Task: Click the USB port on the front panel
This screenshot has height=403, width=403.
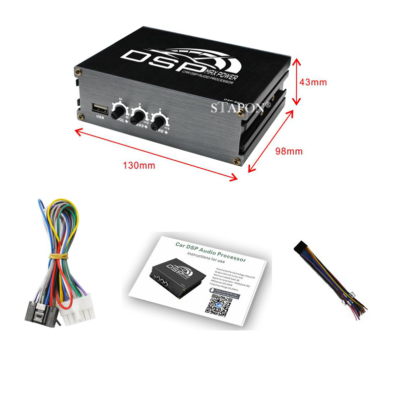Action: pos(99,107)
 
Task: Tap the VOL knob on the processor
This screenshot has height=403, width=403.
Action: pos(119,110)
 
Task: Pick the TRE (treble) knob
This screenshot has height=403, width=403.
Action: pos(160,121)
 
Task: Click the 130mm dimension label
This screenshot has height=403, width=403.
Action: pos(139,165)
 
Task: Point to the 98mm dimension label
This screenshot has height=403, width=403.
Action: pos(288,151)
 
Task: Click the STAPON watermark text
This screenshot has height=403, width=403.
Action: pos(241,107)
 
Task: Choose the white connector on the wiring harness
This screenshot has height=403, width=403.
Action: pos(78,315)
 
